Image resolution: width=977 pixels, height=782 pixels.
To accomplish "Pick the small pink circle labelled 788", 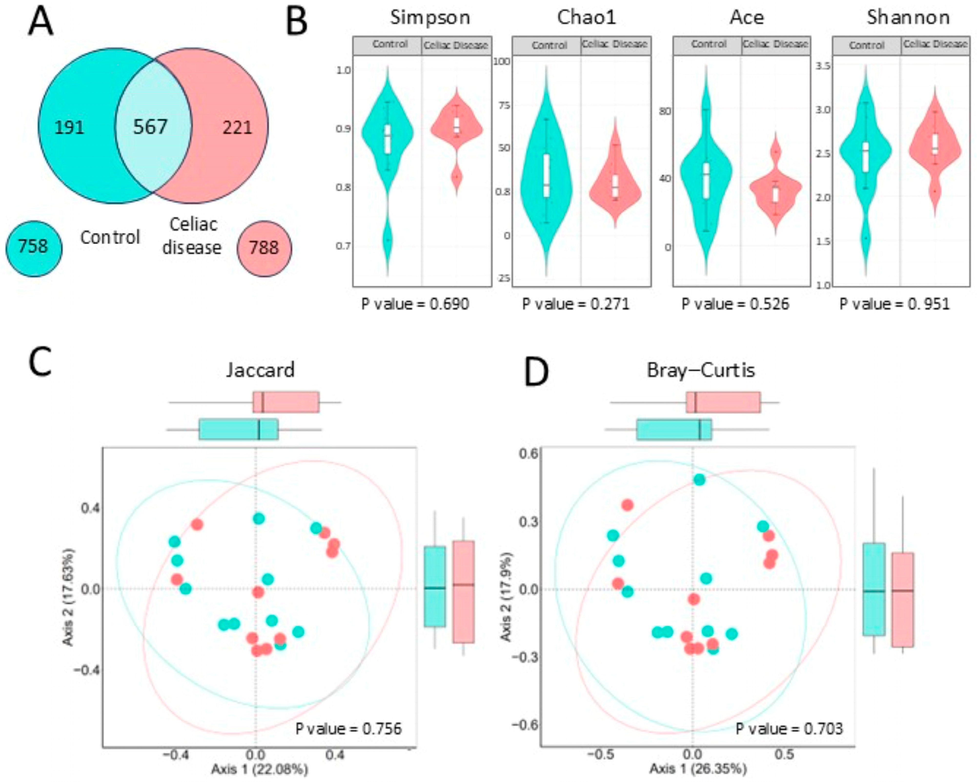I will click(264, 249).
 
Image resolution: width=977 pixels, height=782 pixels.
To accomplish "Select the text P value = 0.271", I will click(576, 304).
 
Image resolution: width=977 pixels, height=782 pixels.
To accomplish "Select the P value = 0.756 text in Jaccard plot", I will click(348, 729).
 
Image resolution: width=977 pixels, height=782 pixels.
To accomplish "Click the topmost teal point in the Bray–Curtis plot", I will click(699, 480).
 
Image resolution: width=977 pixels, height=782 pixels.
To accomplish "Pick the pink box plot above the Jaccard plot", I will click(286, 402).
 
